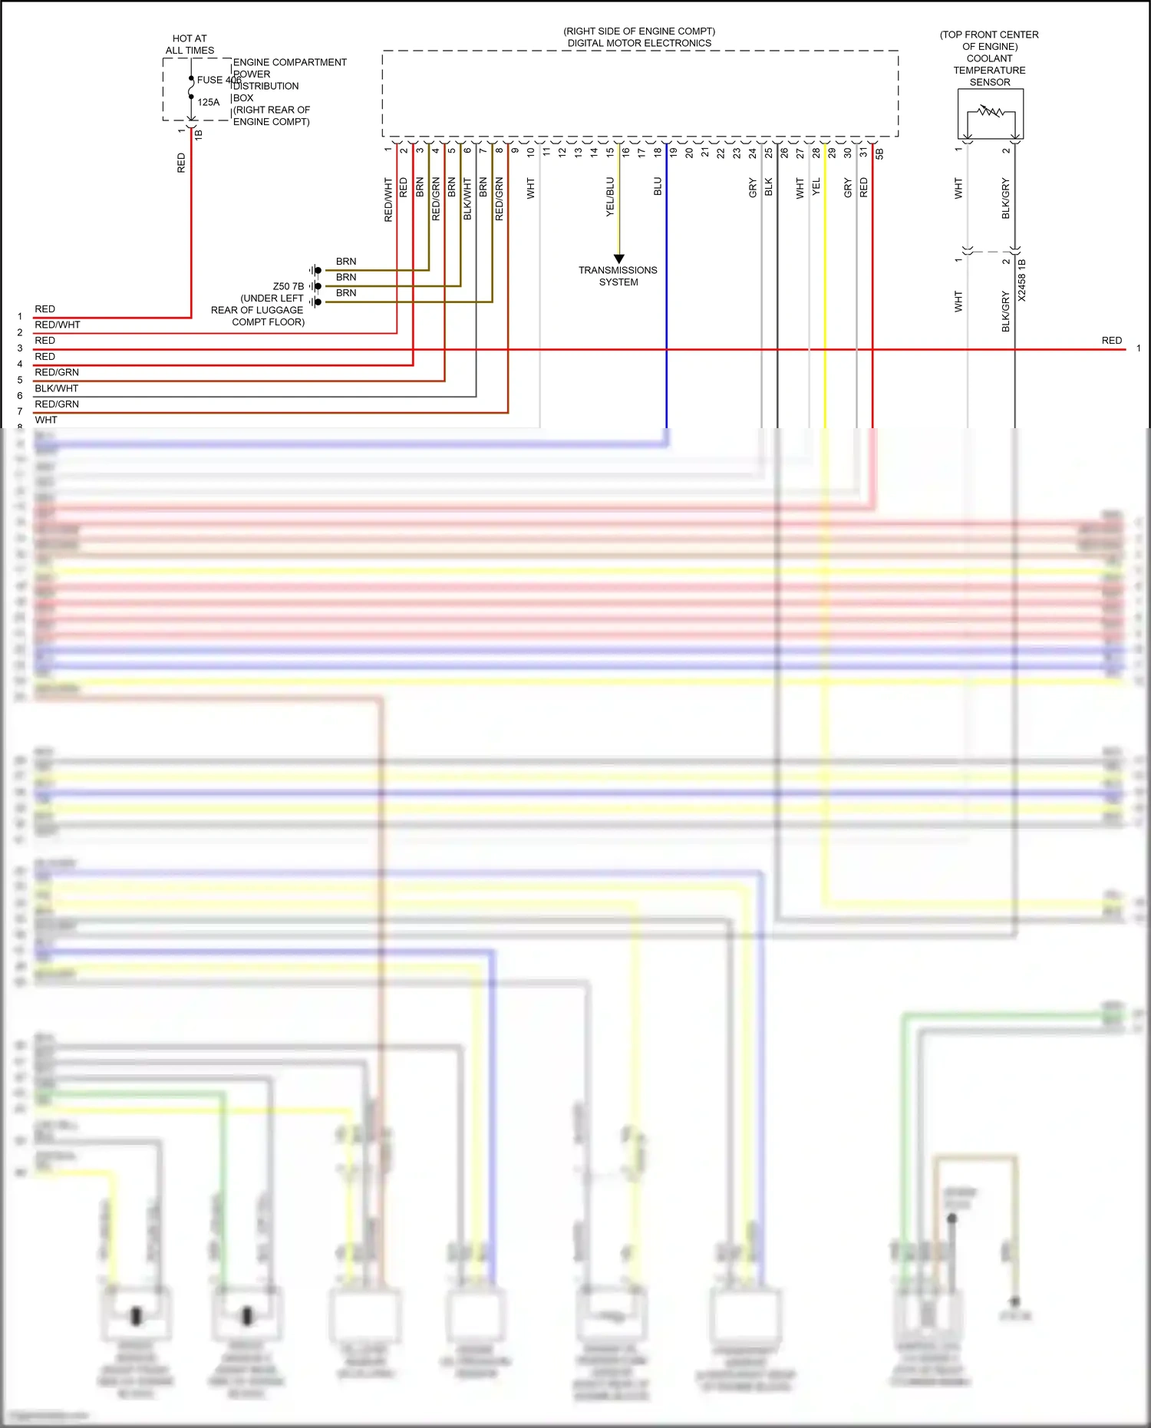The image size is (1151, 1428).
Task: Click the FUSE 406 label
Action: click(218, 80)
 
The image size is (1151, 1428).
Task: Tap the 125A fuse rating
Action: click(209, 102)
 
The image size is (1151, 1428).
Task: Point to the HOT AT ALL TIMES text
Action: click(190, 45)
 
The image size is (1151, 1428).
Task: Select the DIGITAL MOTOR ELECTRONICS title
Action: click(639, 43)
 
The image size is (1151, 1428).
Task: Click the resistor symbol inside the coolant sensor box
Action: click(991, 112)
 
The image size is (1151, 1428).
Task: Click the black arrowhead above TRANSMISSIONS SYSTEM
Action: click(619, 259)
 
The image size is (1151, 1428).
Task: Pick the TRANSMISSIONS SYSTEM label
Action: click(618, 276)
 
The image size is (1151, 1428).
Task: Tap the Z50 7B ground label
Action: click(288, 286)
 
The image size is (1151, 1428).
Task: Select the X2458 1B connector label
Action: click(1021, 280)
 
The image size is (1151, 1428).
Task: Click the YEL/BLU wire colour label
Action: click(611, 196)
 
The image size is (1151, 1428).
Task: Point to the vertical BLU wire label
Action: click(658, 186)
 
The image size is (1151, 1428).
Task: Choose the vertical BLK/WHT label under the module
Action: click(467, 200)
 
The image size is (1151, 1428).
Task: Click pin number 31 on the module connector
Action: click(863, 153)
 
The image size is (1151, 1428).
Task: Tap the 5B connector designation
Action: click(879, 153)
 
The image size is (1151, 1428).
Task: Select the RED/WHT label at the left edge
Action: click(58, 325)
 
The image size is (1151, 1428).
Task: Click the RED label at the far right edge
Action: click(1111, 341)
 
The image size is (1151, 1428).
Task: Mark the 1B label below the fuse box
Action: click(199, 134)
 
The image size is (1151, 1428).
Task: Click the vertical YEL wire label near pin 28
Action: click(816, 186)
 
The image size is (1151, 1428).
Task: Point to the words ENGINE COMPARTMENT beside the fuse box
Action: click(290, 62)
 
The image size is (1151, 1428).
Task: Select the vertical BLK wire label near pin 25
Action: click(769, 186)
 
